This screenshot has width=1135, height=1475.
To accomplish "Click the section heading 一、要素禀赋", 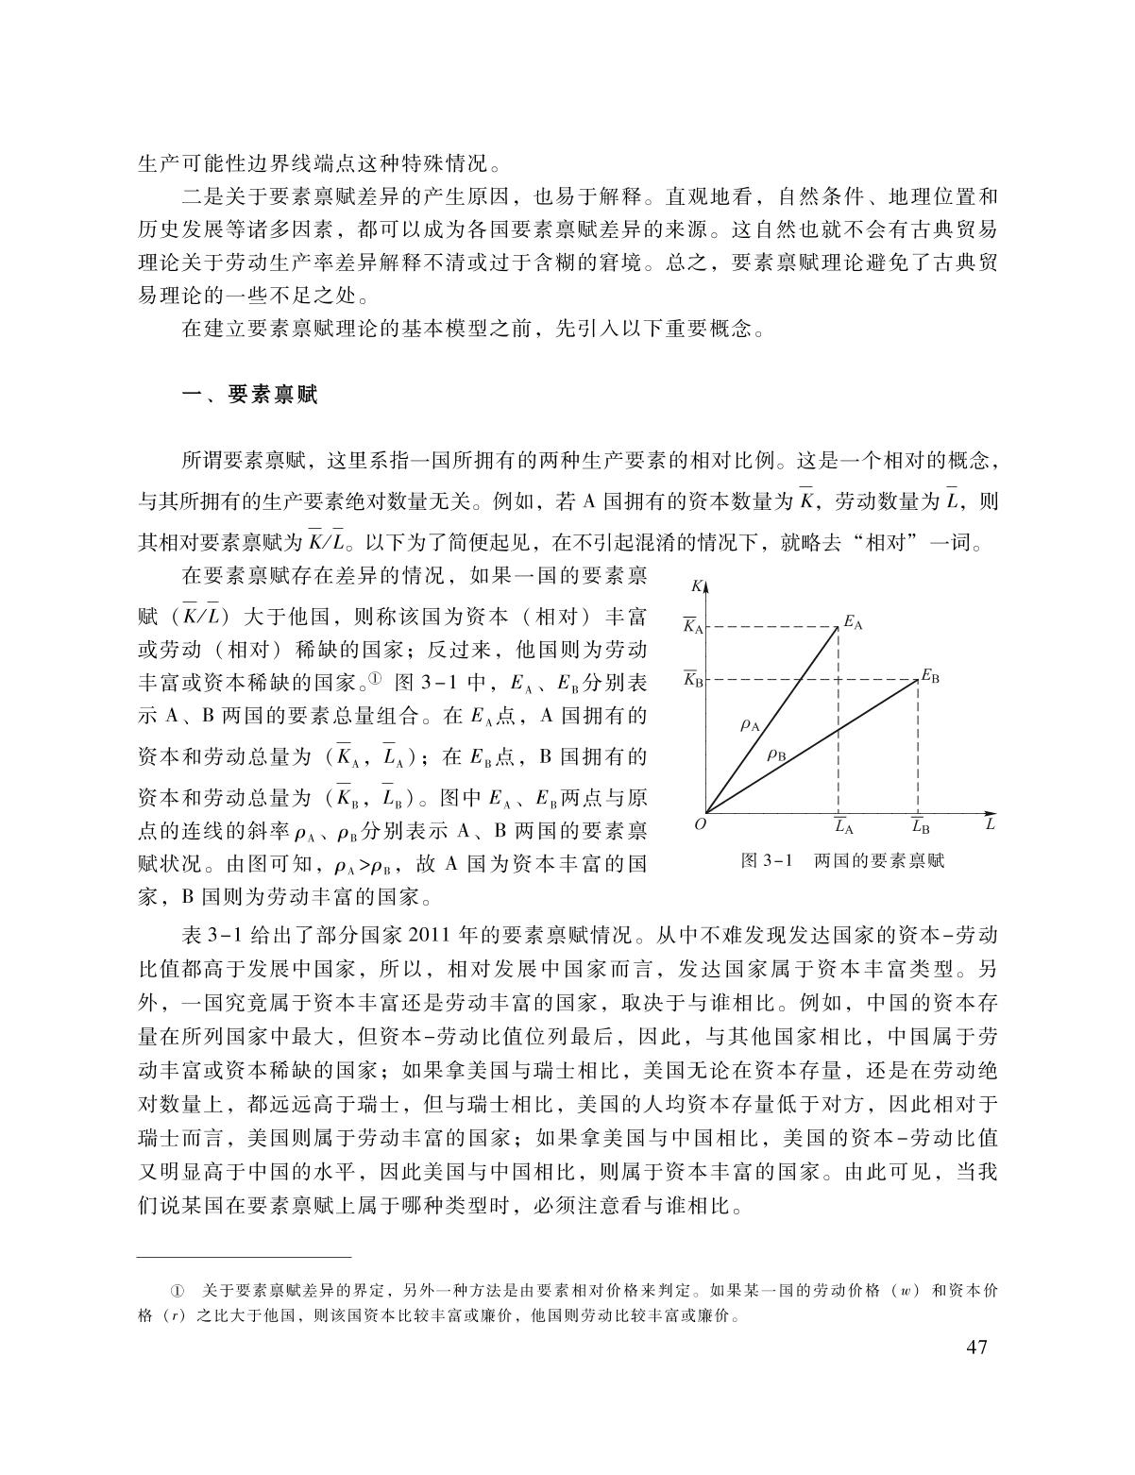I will pos(249,396).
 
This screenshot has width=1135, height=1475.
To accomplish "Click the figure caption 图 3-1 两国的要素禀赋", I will pos(843,861).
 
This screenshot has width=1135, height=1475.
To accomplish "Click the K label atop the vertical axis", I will pos(697,585).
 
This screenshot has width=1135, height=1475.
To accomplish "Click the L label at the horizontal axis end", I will pos(990,824).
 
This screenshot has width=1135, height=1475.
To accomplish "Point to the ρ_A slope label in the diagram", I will pos(750,726).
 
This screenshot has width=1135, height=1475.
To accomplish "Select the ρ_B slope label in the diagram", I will pos(777,754).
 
